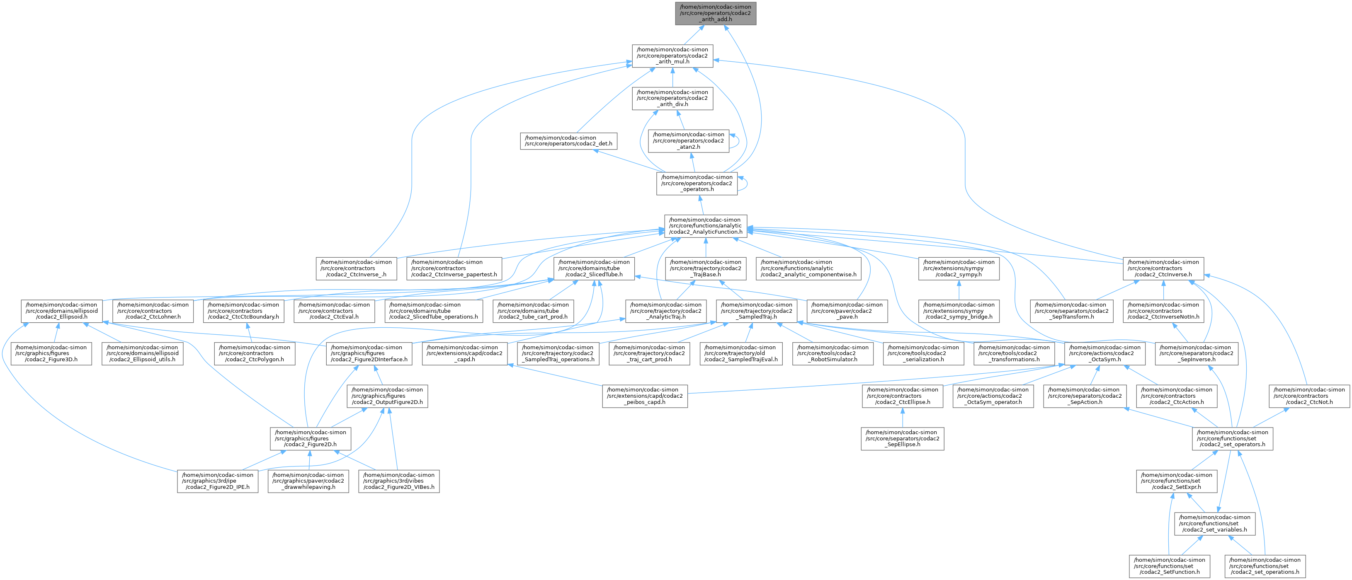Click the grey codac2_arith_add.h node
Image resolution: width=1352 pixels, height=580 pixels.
tap(715, 12)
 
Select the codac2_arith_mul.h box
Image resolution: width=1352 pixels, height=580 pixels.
tap(672, 55)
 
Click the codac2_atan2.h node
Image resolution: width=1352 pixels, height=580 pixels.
tap(688, 140)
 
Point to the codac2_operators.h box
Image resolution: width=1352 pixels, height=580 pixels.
tap(697, 183)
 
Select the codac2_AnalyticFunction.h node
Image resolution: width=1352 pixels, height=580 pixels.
tap(705, 225)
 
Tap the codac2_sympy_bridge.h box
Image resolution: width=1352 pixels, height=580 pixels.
tap(959, 310)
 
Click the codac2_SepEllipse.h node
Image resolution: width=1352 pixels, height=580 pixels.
tap(902, 438)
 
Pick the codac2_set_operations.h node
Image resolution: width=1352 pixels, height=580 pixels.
tap(1265, 565)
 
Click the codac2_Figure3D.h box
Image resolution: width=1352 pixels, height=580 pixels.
tap(51, 353)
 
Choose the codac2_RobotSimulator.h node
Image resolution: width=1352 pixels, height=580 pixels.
tap(833, 353)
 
